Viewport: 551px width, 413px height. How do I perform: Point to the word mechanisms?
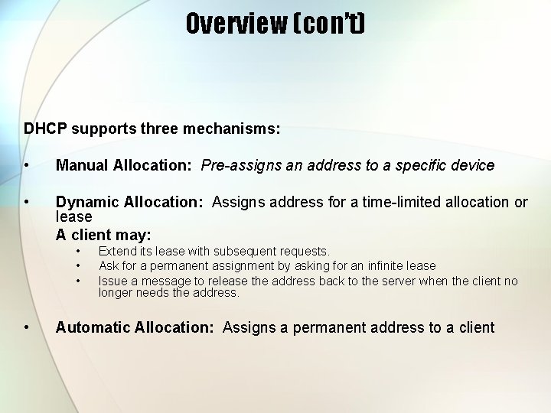tap(231, 128)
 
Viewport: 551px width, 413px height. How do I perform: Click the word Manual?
tap(83, 165)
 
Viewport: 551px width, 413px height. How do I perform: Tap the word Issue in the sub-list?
tap(112, 281)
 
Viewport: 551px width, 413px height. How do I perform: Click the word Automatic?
tap(93, 327)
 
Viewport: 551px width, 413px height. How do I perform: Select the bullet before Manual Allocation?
tap(27, 165)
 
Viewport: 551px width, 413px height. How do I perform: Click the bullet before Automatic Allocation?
tap(27, 327)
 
